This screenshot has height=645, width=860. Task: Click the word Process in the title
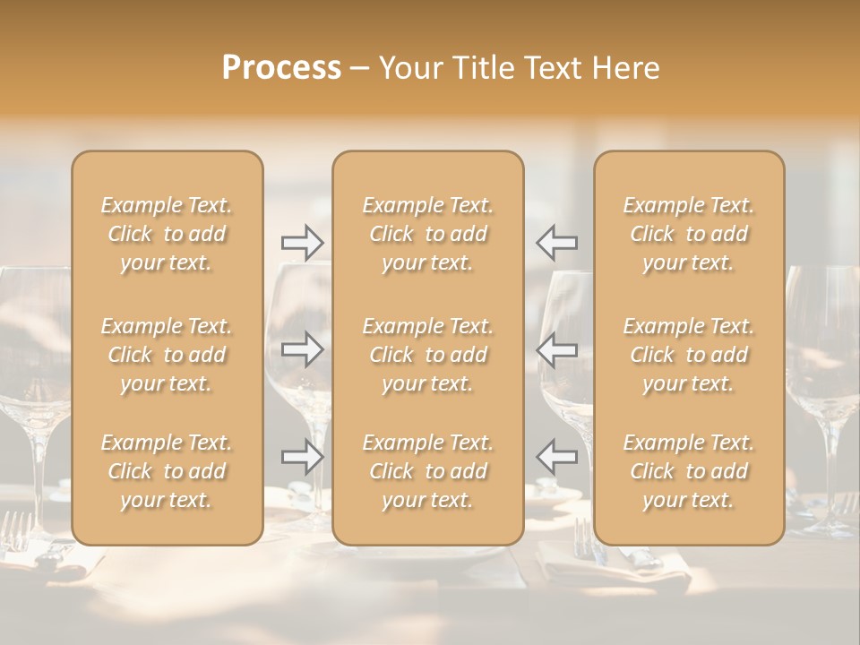(x=281, y=68)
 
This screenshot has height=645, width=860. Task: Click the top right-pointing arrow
(x=303, y=243)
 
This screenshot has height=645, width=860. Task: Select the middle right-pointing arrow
(x=303, y=349)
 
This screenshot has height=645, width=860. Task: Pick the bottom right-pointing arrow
(x=303, y=457)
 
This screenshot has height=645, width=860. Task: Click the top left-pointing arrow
(x=557, y=243)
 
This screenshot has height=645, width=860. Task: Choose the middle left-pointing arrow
(x=557, y=349)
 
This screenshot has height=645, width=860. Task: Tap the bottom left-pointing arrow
(x=557, y=457)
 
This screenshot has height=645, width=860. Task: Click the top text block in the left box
(x=167, y=234)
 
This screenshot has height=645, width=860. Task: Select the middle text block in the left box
(x=167, y=355)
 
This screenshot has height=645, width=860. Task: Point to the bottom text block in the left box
(x=167, y=471)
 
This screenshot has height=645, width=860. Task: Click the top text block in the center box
(x=428, y=234)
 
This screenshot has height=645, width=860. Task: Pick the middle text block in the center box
(x=428, y=355)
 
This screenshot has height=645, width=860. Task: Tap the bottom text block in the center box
(x=428, y=471)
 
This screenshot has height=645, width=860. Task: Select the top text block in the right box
(x=689, y=234)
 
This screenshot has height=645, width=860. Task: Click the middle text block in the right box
(x=689, y=355)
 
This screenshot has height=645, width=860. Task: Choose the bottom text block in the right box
(x=689, y=471)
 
